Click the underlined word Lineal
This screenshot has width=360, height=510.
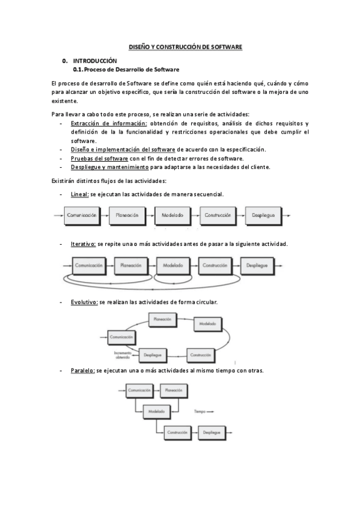79,194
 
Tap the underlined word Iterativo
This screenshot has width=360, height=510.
83,244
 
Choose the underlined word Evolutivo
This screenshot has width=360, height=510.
84,302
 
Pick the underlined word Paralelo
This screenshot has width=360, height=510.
82,370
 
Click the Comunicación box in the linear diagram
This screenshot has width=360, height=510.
82,214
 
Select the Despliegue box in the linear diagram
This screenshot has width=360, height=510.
264,214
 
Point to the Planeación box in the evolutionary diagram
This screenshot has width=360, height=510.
163,319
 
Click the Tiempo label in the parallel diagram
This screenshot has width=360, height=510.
200,412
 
